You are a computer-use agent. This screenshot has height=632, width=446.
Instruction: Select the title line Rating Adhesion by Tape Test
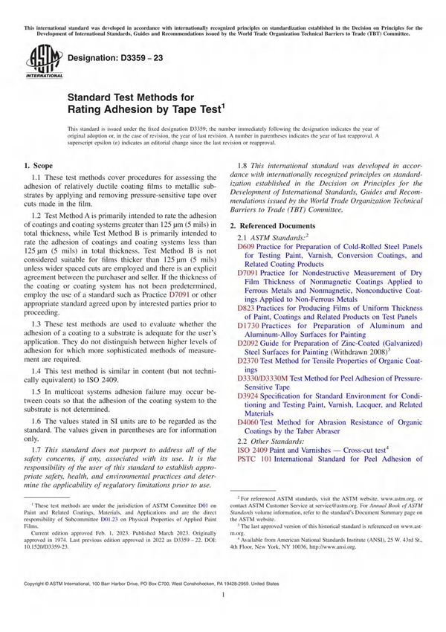click(144, 109)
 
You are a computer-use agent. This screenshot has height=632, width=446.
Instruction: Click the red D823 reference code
click(247, 307)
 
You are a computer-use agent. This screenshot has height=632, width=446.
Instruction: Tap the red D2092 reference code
click(249, 344)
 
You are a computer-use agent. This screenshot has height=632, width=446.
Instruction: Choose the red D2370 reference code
click(249, 361)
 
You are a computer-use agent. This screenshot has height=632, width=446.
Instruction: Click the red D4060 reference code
click(249, 423)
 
